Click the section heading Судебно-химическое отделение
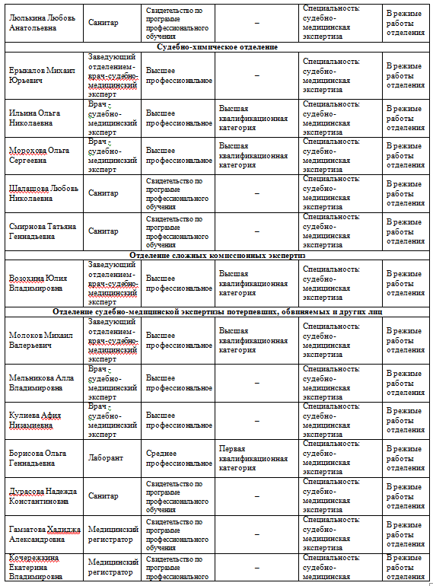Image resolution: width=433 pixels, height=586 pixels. [x=217, y=47]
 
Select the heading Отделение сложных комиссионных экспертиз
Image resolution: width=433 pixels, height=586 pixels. [x=217, y=256]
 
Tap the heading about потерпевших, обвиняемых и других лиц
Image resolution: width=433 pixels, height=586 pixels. [x=217, y=312]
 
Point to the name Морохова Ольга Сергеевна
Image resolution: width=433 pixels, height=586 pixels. [x=39, y=156]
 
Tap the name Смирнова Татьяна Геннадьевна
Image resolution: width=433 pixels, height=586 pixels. [x=43, y=231]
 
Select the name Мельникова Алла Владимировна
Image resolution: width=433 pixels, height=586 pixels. [x=41, y=383]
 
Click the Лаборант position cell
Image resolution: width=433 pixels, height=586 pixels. [x=103, y=459]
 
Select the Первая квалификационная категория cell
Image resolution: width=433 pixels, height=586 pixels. [x=253, y=459]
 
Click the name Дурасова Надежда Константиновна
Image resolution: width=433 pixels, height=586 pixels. [x=42, y=496]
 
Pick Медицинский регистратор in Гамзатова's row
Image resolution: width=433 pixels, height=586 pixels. [x=111, y=534]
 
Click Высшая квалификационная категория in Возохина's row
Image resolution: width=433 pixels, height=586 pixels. [x=253, y=283]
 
